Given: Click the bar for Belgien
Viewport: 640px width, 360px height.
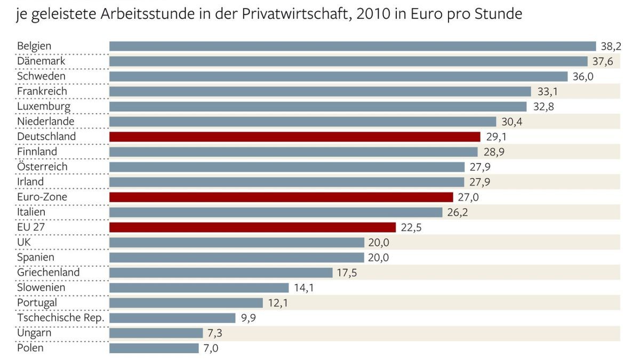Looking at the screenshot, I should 352,46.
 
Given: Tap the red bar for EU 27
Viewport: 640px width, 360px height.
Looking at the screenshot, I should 252,227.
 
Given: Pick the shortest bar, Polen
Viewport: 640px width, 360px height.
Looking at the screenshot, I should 154,348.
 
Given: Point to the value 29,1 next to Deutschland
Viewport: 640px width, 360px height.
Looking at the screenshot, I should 497,137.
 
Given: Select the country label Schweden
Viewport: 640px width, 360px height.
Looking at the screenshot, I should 41,76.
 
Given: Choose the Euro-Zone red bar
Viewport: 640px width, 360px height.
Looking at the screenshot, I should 281,197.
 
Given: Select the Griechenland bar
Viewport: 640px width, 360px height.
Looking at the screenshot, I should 221,273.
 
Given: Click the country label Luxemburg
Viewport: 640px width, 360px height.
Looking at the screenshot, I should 44,106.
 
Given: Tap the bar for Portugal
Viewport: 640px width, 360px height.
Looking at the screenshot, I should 186,303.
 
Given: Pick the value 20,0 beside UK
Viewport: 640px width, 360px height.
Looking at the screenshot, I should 378,243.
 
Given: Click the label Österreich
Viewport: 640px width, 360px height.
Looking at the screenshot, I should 42,167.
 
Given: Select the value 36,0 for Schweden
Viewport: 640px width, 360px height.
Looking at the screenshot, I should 582,76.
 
